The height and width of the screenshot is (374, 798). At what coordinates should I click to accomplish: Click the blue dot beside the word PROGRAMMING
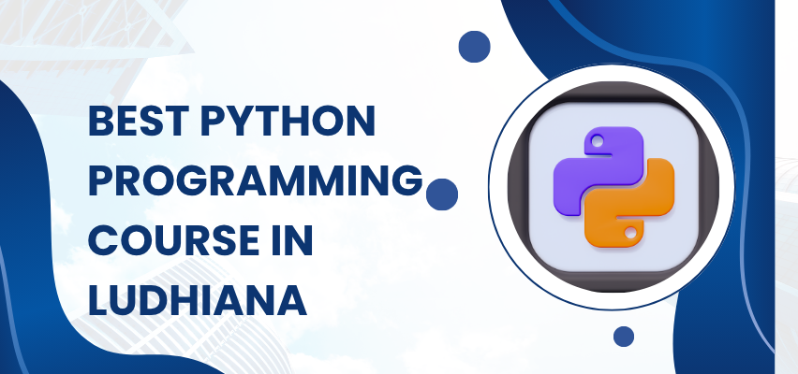point(441,195)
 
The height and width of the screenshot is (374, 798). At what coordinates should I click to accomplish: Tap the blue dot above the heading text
point(476,46)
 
